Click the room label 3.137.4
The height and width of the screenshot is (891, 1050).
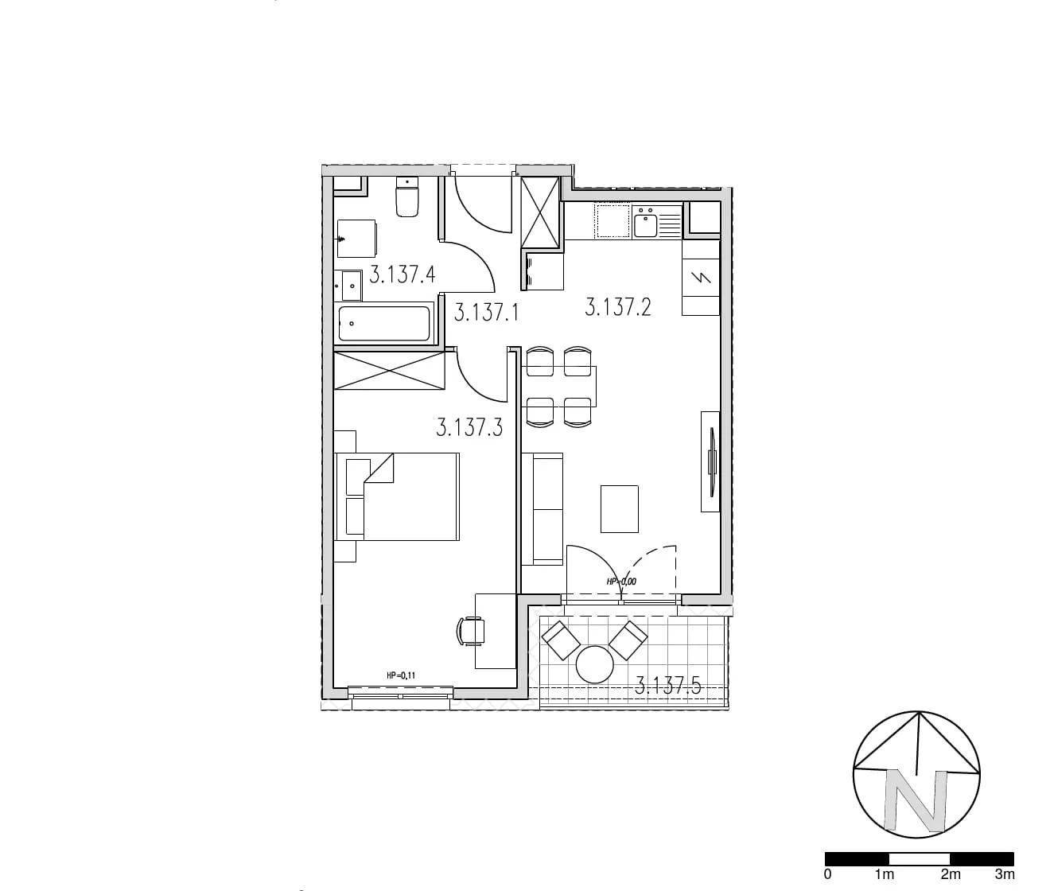click(x=402, y=274)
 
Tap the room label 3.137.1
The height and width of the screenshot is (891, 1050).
click(x=486, y=312)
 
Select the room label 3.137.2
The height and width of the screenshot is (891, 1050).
click(x=618, y=307)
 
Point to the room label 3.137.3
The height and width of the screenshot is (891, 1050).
click(x=469, y=427)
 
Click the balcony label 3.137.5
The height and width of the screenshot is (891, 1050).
click(x=668, y=687)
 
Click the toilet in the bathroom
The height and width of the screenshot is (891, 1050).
click(x=407, y=198)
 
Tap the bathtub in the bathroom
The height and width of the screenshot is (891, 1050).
click(x=384, y=324)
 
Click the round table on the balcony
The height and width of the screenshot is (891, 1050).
click(x=595, y=664)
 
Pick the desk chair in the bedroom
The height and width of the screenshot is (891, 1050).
click(x=471, y=631)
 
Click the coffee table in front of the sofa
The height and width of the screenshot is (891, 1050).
click(x=619, y=509)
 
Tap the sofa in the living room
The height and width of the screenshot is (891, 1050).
click(x=542, y=509)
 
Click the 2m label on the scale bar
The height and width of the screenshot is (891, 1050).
click(x=951, y=874)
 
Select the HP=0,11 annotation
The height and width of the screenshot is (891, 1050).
click(x=401, y=675)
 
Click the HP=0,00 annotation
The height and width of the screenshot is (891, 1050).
click(x=621, y=582)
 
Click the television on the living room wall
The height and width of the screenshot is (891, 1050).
click(x=712, y=461)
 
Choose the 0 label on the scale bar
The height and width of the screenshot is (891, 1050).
click(x=828, y=874)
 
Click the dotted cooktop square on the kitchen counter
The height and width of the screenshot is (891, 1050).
click(x=613, y=221)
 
